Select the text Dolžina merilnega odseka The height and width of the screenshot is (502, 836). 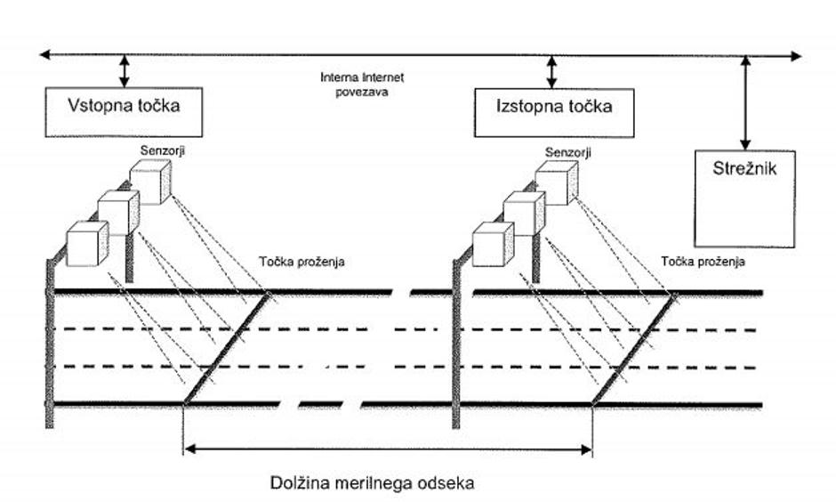373,483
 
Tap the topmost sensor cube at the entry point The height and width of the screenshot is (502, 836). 149,182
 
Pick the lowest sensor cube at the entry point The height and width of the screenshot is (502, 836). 87,243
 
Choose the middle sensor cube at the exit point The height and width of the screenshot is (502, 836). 524,214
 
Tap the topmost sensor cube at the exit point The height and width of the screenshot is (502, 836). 556,182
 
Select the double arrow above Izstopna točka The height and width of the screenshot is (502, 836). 551,70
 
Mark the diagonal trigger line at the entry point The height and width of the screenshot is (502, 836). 227,348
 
